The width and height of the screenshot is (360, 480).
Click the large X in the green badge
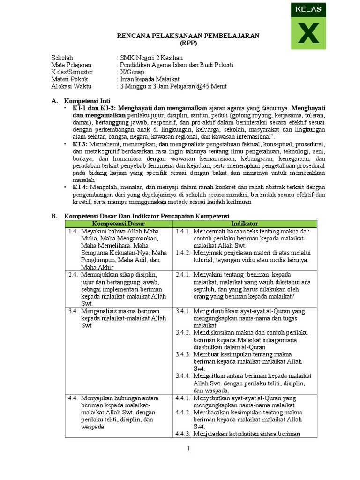pyautogui.click(x=308, y=33)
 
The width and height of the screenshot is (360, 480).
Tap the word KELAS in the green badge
pyautogui.click(x=308, y=9)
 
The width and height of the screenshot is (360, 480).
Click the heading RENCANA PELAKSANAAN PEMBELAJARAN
pyautogui.click(x=188, y=36)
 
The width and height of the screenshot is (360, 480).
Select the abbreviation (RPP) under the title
pyautogui.click(x=188, y=43)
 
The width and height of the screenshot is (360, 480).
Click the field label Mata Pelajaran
pyautogui.click(x=72, y=65)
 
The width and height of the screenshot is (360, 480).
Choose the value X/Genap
pyautogui.click(x=132, y=72)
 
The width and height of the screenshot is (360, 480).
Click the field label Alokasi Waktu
pyautogui.click(x=72, y=86)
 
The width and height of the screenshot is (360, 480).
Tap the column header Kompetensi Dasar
pyautogui.click(x=119, y=224)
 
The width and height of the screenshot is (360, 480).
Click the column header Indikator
pyautogui.click(x=244, y=224)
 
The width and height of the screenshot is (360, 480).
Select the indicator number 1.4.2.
pyautogui.click(x=183, y=253)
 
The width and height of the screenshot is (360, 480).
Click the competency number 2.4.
pyautogui.click(x=73, y=274)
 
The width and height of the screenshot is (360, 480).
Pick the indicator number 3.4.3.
pyautogui.click(x=183, y=354)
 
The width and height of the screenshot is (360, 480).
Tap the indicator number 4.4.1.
pyautogui.click(x=183, y=398)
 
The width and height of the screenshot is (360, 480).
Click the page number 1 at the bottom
pyautogui.click(x=188, y=449)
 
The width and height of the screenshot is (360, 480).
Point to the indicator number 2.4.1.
pyautogui.click(x=183, y=274)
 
